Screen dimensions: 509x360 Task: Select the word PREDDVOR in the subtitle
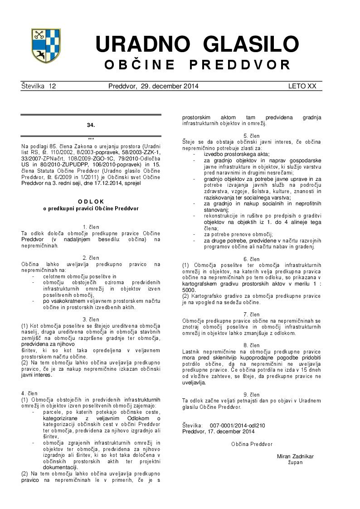pos(240,65)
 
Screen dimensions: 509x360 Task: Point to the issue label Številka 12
pos(39,86)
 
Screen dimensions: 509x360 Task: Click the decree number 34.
pos(91,125)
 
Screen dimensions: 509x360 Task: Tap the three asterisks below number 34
pos(91,139)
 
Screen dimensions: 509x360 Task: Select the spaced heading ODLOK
pos(91,201)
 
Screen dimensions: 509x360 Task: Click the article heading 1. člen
pos(91,227)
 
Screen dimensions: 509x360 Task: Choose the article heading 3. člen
pos(91,320)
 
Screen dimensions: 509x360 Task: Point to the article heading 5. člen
pos(252,136)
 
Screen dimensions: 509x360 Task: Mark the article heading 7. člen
pos(252,314)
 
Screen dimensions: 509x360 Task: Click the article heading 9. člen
pos(252,395)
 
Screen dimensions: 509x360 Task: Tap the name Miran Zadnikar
pos(295,456)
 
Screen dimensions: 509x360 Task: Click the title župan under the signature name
pos(295,462)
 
